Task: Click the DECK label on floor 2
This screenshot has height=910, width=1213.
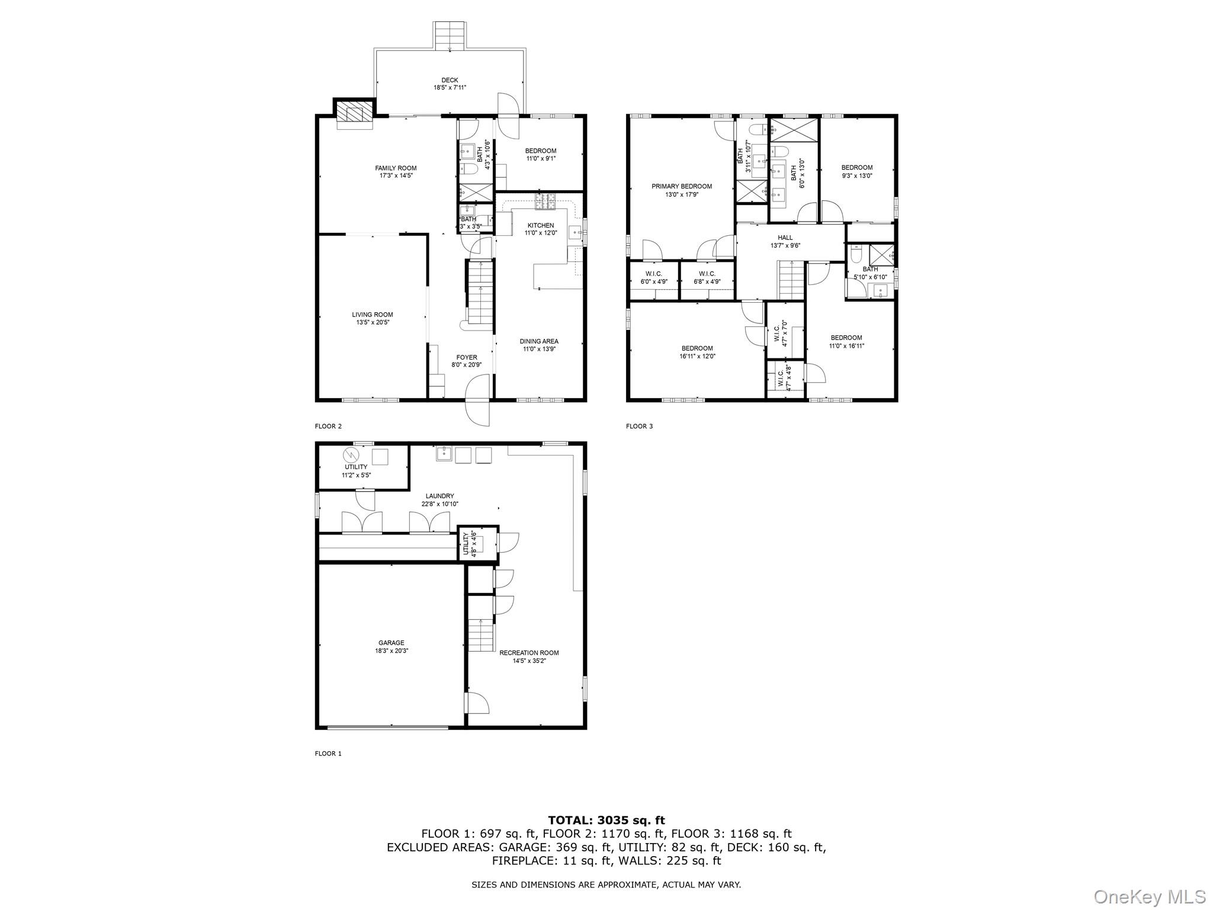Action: tap(450, 81)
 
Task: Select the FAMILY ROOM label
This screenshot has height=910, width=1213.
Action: tap(396, 168)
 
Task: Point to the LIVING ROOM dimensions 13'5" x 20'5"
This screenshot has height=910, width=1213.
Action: tap(373, 323)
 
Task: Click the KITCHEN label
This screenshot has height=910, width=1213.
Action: tap(540, 226)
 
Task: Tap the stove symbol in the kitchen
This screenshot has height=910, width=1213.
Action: tap(545, 201)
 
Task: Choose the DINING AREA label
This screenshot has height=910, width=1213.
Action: tap(539, 341)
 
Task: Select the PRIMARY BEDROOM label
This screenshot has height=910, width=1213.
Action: tap(682, 187)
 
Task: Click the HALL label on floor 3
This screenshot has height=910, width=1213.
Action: tap(785, 238)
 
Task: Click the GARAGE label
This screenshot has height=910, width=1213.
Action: tap(392, 643)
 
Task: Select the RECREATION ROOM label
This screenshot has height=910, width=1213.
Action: tap(529, 653)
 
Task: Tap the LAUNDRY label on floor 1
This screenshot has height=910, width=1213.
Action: tap(439, 496)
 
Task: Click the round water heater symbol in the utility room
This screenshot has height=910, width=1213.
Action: tap(351, 455)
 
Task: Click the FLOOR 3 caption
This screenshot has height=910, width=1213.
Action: tap(639, 426)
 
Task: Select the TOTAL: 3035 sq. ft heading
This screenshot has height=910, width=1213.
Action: tap(606, 821)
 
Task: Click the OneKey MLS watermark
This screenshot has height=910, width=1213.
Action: tap(1149, 896)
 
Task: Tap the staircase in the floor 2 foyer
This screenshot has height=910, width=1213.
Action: tap(480, 293)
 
